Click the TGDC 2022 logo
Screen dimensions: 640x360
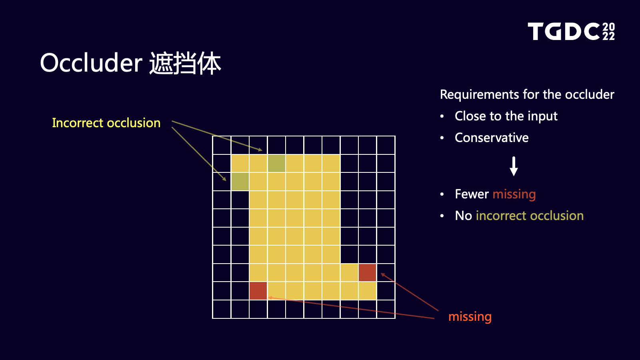click(571, 31)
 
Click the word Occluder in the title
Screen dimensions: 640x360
click(91, 63)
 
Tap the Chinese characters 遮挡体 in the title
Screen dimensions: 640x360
click(185, 63)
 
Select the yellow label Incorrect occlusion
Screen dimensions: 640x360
click(106, 123)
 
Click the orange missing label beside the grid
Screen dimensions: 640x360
click(470, 316)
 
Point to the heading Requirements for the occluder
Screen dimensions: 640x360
click(527, 94)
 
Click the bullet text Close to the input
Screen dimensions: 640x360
click(506, 116)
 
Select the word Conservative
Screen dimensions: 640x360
click(492, 138)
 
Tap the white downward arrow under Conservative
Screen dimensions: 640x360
click(514, 166)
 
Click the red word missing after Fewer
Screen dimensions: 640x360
click(514, 194)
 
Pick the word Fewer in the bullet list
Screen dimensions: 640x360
click(472, 194)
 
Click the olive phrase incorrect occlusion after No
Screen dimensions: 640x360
click(530, 216)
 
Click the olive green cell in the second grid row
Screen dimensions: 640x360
click(276, 164)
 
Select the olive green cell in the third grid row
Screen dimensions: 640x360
click(240, 182)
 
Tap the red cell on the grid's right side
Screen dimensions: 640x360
click(368, 272)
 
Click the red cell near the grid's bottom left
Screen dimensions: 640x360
click(258, 291)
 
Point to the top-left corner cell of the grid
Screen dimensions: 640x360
click(222, 145)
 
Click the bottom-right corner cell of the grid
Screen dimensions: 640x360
click(386, 309)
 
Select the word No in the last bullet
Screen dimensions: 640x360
click(464, 216)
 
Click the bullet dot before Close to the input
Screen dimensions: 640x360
click(442, 116)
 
